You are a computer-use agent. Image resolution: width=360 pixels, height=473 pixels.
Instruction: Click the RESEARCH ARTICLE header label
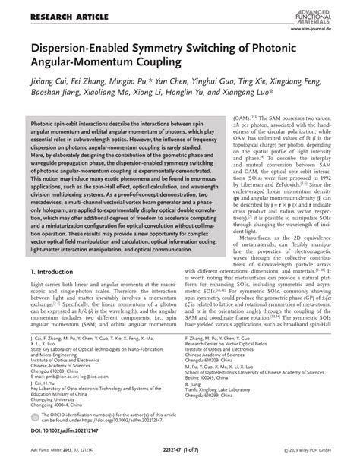[47, 11]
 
